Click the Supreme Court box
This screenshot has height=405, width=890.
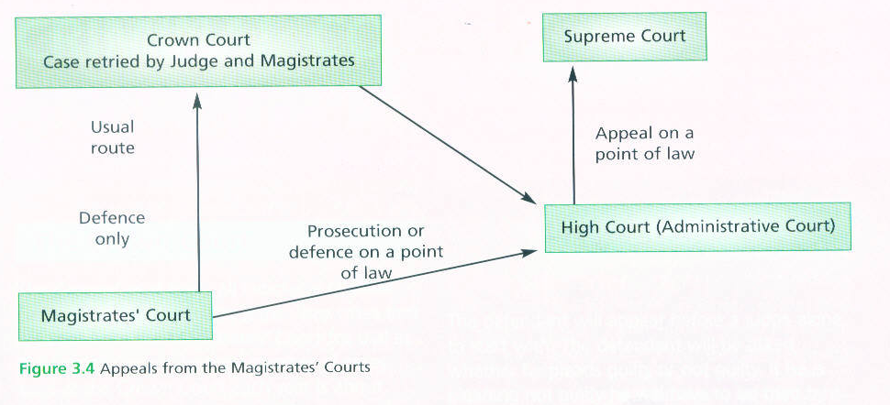[625, 37]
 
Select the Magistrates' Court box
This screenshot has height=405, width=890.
[116, 315]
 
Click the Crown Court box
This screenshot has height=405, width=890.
[198, 51]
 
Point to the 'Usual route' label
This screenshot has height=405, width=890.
[112, 137]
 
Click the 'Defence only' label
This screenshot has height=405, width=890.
[112, 228]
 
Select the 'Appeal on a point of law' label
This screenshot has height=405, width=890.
[644, 144]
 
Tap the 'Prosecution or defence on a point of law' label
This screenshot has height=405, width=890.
[365, 252]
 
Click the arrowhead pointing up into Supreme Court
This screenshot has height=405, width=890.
[573, 72]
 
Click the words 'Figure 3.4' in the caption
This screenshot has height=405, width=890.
[57, 368]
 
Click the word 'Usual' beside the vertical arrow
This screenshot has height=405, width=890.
[112, 127]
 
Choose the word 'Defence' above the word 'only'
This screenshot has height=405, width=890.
[112, 218]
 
